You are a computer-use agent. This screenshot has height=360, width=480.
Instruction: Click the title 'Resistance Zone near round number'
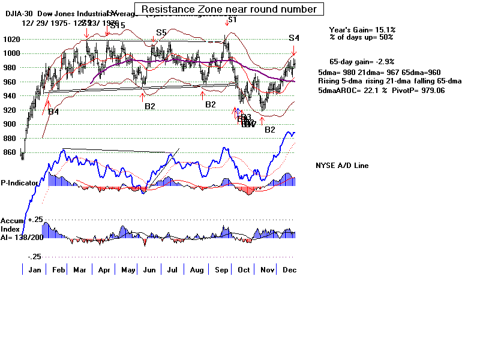point(229,9)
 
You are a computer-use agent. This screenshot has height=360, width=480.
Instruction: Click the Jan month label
point(34,270)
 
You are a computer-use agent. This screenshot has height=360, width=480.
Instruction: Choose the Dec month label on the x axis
point(287,270)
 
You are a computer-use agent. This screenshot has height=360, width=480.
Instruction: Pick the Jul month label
point(172,270)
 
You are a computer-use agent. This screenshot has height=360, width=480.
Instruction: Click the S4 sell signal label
point(293,38)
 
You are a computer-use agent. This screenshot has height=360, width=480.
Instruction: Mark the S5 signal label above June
point(161,32)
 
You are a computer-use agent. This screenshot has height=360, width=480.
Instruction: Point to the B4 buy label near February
point(53,112)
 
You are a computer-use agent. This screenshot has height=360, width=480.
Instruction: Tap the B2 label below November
point(269,130)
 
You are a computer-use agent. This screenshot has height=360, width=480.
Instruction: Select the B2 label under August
point(210,104)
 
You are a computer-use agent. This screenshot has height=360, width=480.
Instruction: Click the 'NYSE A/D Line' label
point(342,166)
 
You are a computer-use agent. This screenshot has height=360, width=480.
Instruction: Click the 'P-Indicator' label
point(20,182)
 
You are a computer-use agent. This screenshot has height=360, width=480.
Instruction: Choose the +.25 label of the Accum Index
point(35,220)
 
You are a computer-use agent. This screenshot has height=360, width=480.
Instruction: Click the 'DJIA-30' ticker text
point(17,14)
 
